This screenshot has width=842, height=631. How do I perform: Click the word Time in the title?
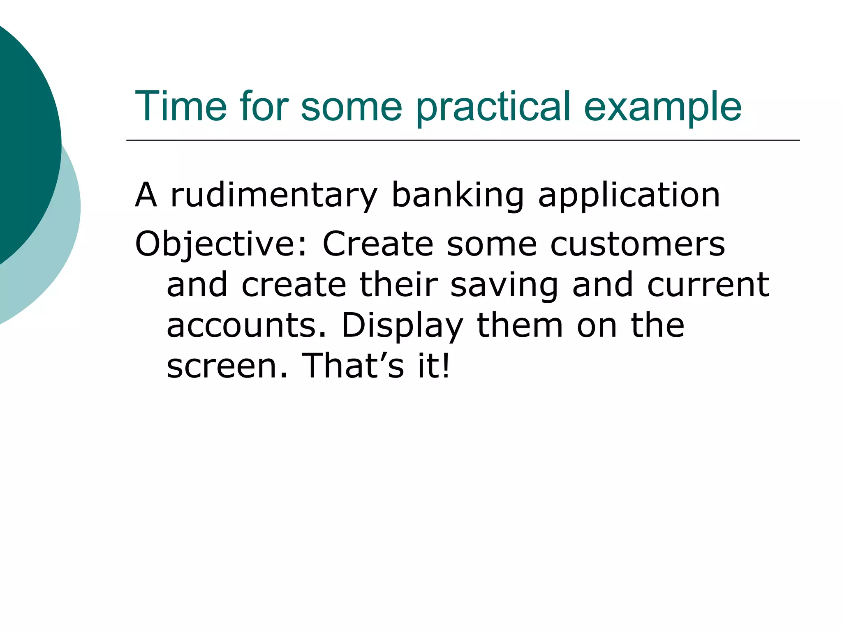pos(181,107)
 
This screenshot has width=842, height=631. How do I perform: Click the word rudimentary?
pos(273,196)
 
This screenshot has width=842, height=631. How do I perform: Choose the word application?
pos(629,196)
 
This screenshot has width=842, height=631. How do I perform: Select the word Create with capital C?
pos(378,244)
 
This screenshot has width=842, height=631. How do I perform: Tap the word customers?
pos(638,244)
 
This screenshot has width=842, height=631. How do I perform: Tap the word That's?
pos(353,366)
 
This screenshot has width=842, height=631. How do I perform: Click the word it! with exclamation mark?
pos(434,366)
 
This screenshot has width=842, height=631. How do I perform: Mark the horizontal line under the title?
pos(463,140)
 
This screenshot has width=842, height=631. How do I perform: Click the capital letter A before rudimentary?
pos(146,196)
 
